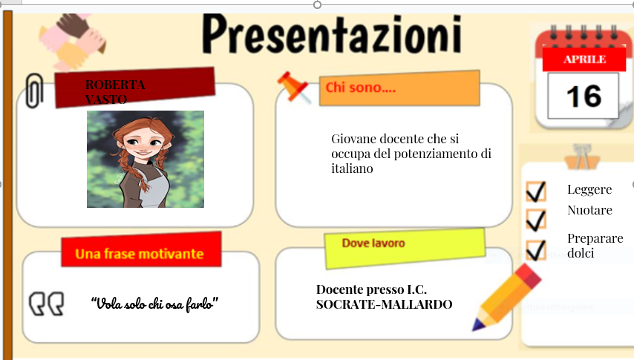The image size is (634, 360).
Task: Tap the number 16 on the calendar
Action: point(583,95)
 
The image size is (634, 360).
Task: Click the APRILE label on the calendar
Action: point(584,59)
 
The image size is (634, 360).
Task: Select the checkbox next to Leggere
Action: point(535,191)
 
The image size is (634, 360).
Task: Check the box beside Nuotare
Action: point(535,219)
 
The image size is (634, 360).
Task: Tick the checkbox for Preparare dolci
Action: point(535,249)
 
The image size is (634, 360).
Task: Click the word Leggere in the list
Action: point(589,190)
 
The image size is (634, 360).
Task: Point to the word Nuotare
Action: point(589,211)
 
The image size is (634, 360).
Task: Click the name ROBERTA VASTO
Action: point(115,91)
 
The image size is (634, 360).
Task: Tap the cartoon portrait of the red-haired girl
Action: point(146,159)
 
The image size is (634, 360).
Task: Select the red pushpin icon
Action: point(293,88)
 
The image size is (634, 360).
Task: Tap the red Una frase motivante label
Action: point(141,252)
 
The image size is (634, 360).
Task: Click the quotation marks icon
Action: point(46,304)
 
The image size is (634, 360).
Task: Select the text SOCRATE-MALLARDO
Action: point(384,304)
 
